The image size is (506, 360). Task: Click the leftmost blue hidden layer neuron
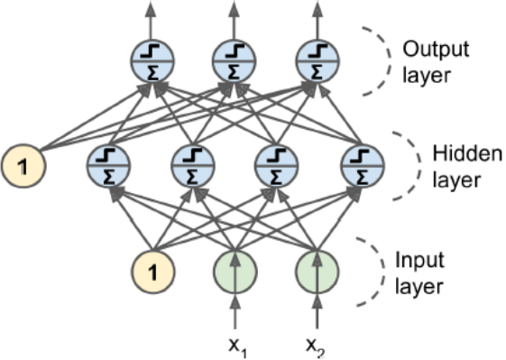pos(109,163)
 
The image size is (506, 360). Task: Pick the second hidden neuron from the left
pos(192,163)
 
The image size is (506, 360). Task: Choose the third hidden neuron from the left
pos(276,163)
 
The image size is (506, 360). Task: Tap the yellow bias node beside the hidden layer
pos(24,163)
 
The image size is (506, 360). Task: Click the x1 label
pos(235,346)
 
